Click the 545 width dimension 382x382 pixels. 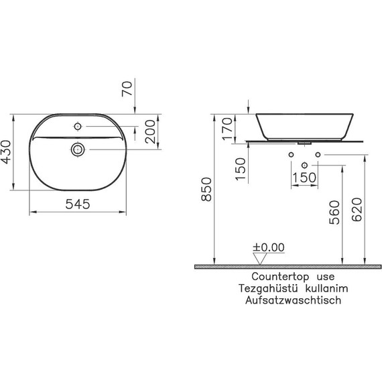[78, 204]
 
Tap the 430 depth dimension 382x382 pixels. [6, 151]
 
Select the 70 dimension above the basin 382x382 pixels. [127, 88]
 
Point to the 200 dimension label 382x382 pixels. [150, 131]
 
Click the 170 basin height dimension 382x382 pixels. [228, 129]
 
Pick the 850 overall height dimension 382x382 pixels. [206, 189]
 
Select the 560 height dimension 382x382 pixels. [334, 212]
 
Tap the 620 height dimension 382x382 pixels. [357, 210]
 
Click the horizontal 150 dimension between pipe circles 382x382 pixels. [304, 178]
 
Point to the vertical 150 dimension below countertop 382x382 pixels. [241, 169]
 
